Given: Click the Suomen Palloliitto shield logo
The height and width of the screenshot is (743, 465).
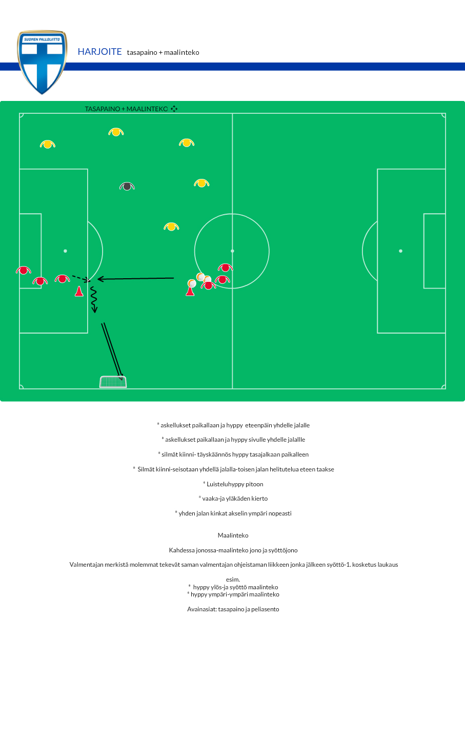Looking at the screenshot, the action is point(42,62).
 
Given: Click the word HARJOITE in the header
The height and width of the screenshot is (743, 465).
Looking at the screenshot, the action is point(99,52).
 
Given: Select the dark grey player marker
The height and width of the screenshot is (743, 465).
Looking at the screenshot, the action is point(127,187).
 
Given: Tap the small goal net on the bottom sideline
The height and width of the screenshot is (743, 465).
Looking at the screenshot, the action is point(113,382).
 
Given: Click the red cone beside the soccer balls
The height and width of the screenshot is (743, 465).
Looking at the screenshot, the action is point(190,292).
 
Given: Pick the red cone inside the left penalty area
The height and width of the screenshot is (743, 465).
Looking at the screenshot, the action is point(79,291).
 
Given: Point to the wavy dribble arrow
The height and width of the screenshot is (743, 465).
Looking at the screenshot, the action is point(94,300).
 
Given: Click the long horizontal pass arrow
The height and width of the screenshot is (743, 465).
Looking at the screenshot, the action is point(136,279).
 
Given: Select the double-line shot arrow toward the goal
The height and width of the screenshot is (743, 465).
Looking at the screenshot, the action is point(112,352).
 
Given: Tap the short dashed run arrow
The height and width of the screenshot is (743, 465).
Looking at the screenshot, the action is point(82,279).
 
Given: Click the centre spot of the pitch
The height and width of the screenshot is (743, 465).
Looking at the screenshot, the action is point(232,251).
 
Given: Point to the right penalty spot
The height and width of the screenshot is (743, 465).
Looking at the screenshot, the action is point(400,251).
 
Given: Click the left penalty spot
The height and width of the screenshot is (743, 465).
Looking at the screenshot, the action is point(66,251).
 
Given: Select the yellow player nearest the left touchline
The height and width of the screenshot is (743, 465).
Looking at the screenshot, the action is point(48,145).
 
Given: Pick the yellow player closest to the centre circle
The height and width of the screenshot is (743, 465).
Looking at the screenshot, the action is point(171,227).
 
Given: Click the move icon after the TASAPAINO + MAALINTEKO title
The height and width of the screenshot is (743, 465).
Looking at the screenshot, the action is point(174,109).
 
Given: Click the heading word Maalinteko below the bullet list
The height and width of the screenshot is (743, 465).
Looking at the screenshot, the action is point(233,535).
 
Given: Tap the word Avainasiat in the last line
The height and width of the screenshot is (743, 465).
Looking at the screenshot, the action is point(201,609).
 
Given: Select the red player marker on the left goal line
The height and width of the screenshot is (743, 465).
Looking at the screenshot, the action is point(23,271).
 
